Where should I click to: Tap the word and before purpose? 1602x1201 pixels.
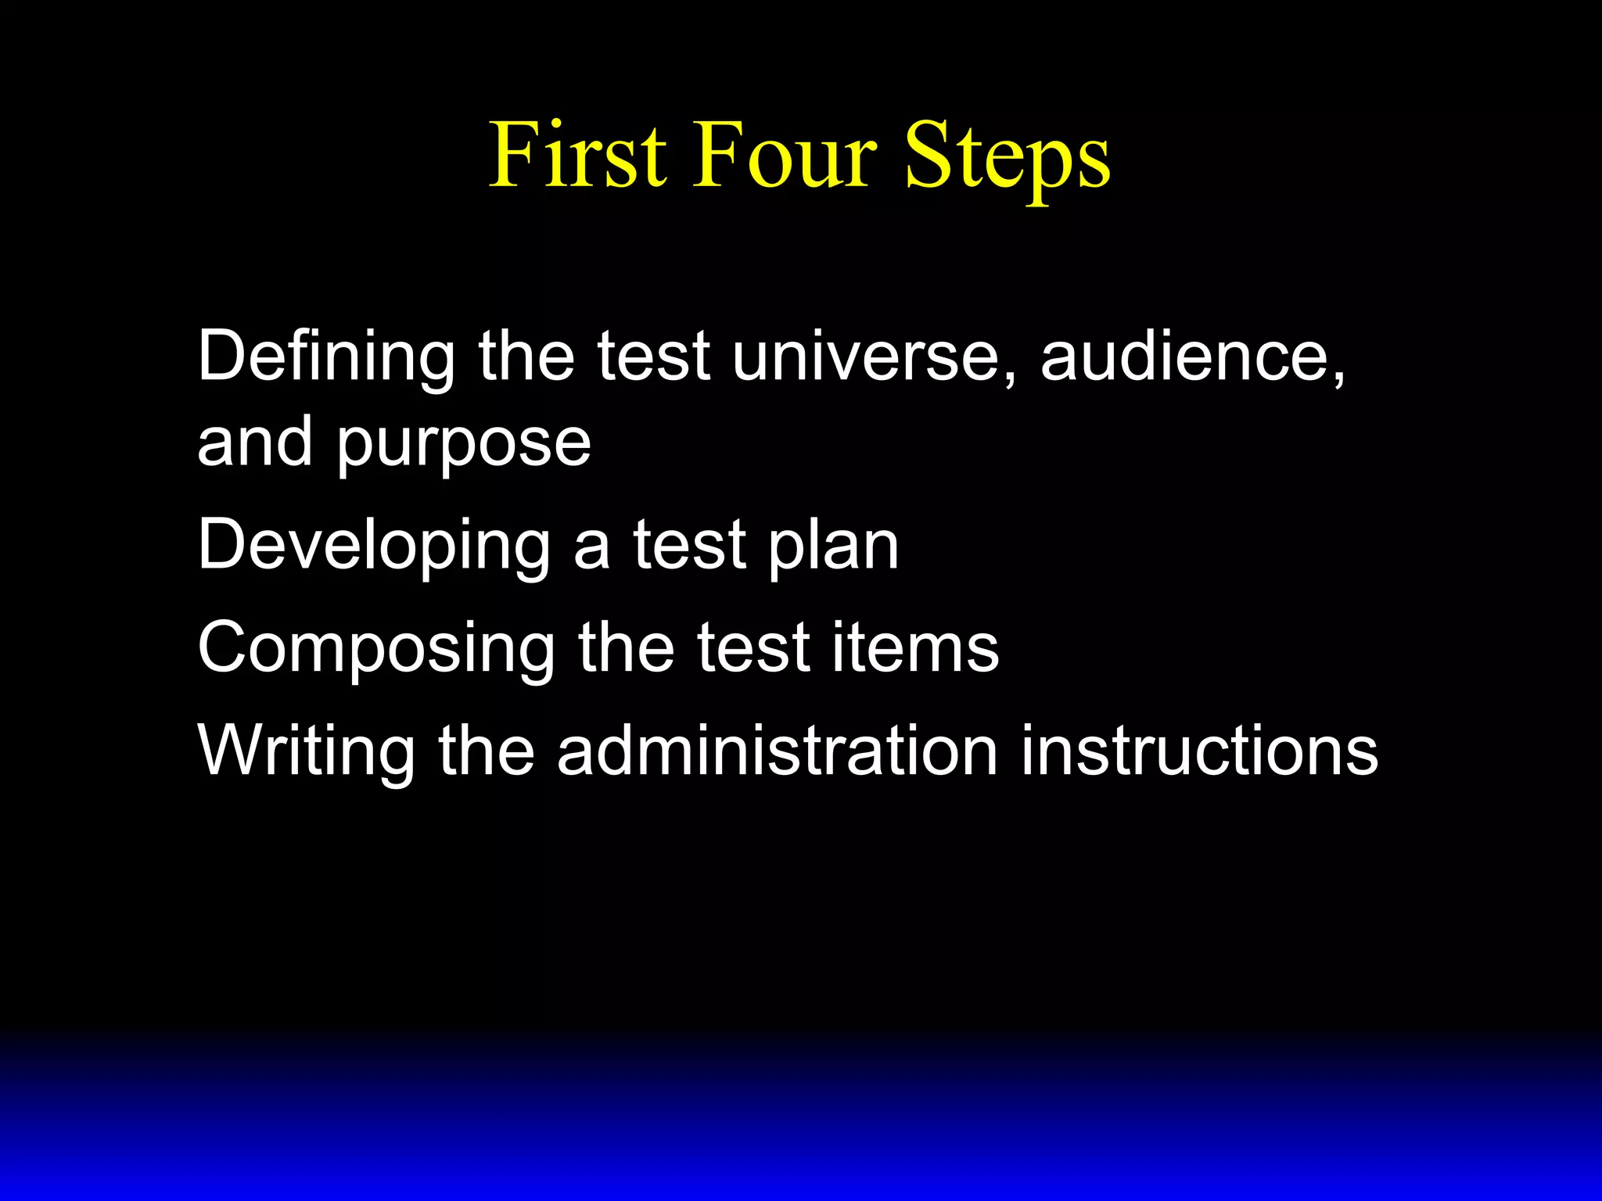click(x=255, y=443)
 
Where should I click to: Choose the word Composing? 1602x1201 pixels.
click(x=375, y=650)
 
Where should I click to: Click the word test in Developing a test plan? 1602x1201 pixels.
click(x=689, y=545)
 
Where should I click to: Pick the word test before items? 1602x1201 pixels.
click(x=753, y=648)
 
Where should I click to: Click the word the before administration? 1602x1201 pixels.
click(x=486, y=751)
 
